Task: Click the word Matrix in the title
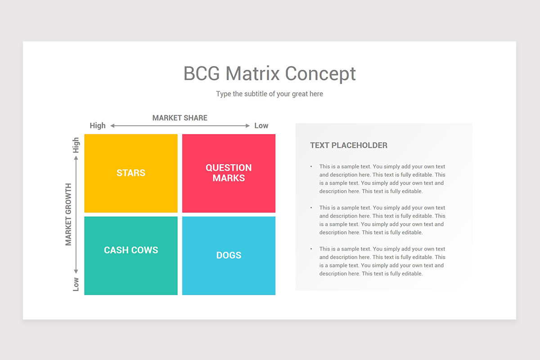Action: coord(253,74)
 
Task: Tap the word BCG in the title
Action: coord(202,74)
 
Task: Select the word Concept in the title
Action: coord(320,74)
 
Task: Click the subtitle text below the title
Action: coord(269,94)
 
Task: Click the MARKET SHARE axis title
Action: coord(180,118)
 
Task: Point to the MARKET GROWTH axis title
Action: coord(68,214)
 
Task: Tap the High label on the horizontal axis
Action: coord(98,126)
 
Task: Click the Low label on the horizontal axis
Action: coord(261,126)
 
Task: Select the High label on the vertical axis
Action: coord(76,145)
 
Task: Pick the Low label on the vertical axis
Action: coord(76,284)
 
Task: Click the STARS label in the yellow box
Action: coord(131,173)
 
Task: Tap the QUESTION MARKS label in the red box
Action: coord(229,173)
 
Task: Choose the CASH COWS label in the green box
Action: coord(131,250)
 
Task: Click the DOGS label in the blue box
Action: coord(229,255)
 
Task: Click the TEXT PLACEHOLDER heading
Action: coord(348,145)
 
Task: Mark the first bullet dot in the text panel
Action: coord(311,167)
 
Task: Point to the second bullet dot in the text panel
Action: coord(311,208)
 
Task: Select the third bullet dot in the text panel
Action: coord(311,249)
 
